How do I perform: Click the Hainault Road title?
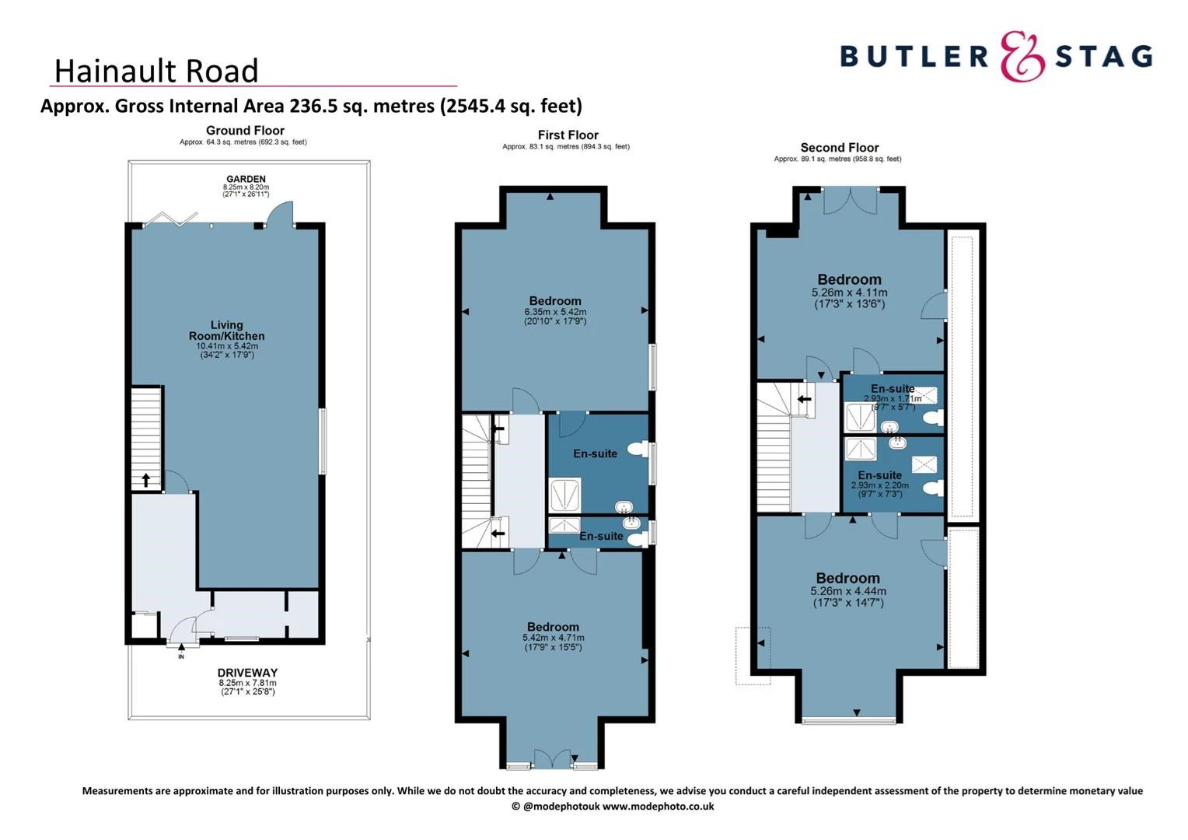(156, 71)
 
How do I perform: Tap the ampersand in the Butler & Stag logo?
(1022, 56)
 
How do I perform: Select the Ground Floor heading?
(245, 131)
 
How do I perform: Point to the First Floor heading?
(568, 135)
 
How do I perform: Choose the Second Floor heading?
(840, 148)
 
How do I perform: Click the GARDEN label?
(246, 179)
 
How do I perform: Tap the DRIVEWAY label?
(248, 673)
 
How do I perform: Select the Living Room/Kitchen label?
(226, 330)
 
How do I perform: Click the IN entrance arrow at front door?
(181, 647)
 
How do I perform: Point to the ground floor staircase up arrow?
(146, 480)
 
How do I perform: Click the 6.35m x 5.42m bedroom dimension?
(555, 312)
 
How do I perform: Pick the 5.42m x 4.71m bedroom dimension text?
(553, 638)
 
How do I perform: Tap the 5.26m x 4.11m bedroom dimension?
(849, 292)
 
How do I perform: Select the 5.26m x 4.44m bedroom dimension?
(848, 591)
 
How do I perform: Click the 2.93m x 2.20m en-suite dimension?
(880, 485)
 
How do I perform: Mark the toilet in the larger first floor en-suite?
(638, 450)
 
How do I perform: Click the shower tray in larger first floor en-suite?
(564, 495)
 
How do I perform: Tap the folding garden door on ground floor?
(171, 219)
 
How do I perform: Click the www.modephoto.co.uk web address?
(659, 807)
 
